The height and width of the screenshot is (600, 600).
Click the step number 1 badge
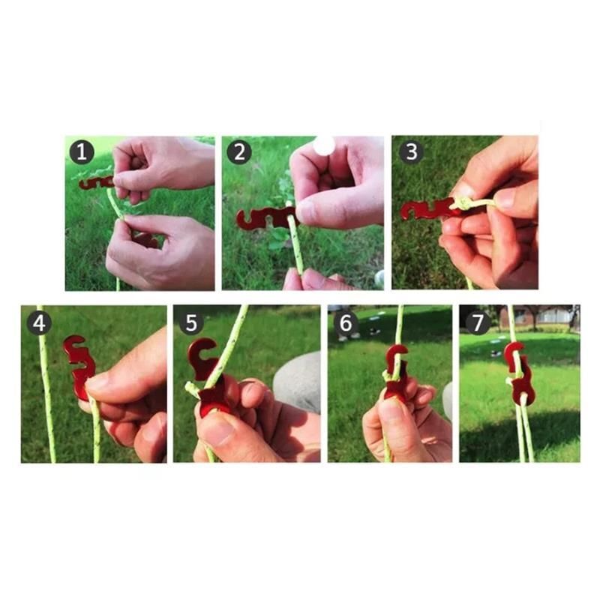82,152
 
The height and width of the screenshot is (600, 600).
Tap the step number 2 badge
239,152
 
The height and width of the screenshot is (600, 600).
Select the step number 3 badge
411,151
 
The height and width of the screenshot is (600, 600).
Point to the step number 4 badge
39,323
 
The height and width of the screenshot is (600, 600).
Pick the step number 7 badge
478,322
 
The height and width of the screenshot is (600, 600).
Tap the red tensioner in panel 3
428,208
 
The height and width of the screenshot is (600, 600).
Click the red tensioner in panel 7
517,374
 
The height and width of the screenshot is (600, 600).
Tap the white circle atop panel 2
324,145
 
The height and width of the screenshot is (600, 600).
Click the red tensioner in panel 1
96,182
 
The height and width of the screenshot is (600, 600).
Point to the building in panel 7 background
539,317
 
